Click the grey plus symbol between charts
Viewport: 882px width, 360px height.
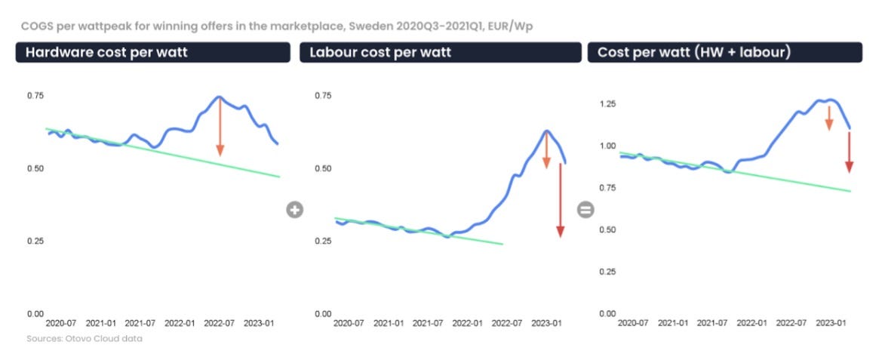pyautogui.click(x=294, y=210)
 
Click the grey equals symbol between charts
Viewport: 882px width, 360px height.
pyautogui.click(x=585, y=210)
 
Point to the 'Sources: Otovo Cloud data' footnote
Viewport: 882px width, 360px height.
pyautogui.click(x=84, y=339)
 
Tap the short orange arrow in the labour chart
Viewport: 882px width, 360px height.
pyautogui.click(x=546, y=149)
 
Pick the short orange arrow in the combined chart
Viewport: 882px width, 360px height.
pyautogui.click(x=828, y=118)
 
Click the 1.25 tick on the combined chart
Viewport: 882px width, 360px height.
pyautogui.click(x=608, y=103)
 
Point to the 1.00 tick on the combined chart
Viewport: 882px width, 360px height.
pyautogui.click(x=608, y=146)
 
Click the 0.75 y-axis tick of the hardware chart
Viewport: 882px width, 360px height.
pyautogui.click(x=35, y=96)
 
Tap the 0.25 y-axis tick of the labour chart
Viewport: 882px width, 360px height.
pyautogui.click(x=323, y=241)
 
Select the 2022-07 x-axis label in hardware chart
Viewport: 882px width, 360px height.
pyautogui.click(x=220, y=323)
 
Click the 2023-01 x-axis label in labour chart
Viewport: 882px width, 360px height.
pyautogui.click(x=545, y=323)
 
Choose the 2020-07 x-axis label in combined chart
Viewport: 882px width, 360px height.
pyautogui.click(x=632, y=323)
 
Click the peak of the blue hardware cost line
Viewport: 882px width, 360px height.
pyautogui.click(x=219, y=97)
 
